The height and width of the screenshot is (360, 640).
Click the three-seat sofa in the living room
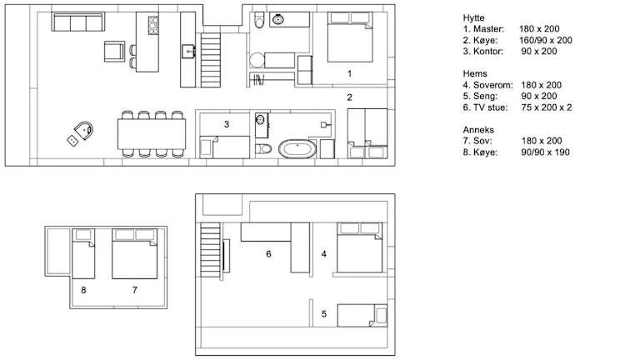78,22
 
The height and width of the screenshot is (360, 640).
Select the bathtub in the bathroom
297,149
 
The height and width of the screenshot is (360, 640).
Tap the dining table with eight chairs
152,134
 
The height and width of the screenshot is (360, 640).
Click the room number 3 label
227,124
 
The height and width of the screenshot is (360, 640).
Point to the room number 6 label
268,254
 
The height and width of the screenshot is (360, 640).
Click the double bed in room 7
135,253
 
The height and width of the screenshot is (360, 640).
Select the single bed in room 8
83,253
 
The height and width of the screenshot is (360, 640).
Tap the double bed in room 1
350,37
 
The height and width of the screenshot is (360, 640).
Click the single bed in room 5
362,315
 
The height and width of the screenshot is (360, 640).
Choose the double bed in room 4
360,247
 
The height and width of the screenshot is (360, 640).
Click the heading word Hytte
474,18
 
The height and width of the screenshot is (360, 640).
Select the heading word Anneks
478,130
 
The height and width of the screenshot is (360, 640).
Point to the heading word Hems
475,74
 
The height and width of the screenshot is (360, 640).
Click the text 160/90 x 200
546,40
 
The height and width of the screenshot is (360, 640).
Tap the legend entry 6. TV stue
485,107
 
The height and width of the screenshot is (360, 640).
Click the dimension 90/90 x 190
545,152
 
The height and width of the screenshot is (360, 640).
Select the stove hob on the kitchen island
153,25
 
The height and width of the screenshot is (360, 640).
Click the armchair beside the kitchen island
114,51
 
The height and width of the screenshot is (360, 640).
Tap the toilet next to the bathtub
263,148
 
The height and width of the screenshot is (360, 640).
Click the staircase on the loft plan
210,250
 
